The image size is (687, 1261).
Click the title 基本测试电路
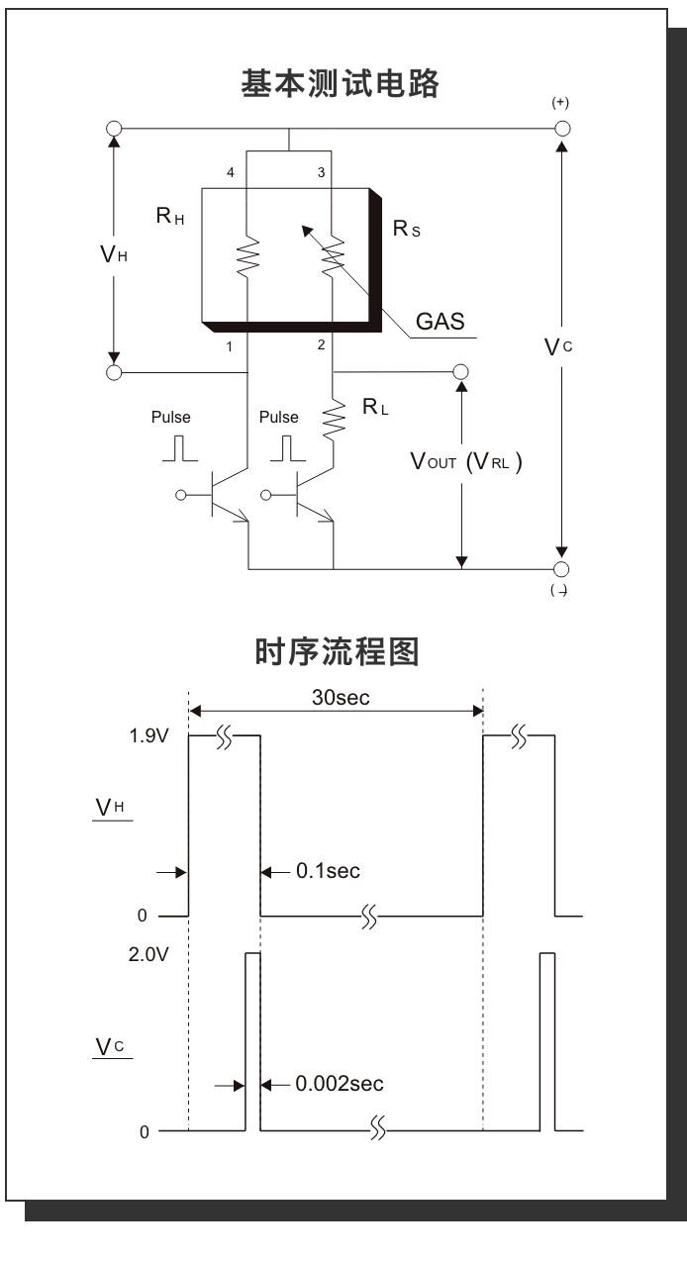pos(342,84)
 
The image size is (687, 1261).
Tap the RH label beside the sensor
pos(170,216)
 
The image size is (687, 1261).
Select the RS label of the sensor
pos(407,229)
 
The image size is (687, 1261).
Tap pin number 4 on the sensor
pos(231,172)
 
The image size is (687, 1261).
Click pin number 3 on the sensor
pos(320,172)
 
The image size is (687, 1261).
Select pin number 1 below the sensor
pos(229,345)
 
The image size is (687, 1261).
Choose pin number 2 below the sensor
pos(321,345)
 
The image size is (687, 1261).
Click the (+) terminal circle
pos(562,129)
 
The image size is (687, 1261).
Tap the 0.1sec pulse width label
pos(328,872)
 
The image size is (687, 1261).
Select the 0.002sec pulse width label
pos(339,1084)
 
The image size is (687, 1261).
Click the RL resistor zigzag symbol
pos(334,418)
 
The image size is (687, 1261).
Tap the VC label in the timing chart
pos(109,1047)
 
